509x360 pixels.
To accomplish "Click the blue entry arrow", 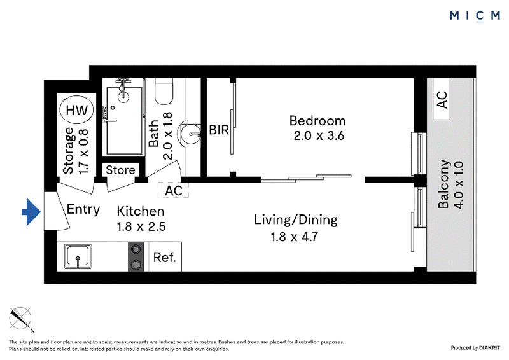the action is click(31, 212).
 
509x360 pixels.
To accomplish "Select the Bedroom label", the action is click(317, 121).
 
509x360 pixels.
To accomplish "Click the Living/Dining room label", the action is click(295, 220).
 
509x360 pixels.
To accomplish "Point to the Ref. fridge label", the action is click(164, 258).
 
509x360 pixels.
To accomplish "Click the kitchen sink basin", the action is click(78, 256).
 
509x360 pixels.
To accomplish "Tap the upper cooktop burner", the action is click(136, 249).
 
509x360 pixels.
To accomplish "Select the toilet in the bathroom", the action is click(164, 91).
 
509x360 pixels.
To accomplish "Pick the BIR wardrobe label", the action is click(219, 130).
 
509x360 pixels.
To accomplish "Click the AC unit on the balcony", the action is click(442, 99).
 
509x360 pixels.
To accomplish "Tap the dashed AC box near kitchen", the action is click(173, 191).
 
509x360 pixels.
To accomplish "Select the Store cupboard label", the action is click(120, 170).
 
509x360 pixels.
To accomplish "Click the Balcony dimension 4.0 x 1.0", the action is click(459, 185).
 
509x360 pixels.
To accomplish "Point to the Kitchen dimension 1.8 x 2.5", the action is click(141, 226).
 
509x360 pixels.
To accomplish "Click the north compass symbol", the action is click(20, 319).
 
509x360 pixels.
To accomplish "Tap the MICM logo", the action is click(475, 15).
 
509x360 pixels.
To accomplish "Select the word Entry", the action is click(83, 209).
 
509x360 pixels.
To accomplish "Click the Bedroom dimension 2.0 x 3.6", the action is click(319, 135).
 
